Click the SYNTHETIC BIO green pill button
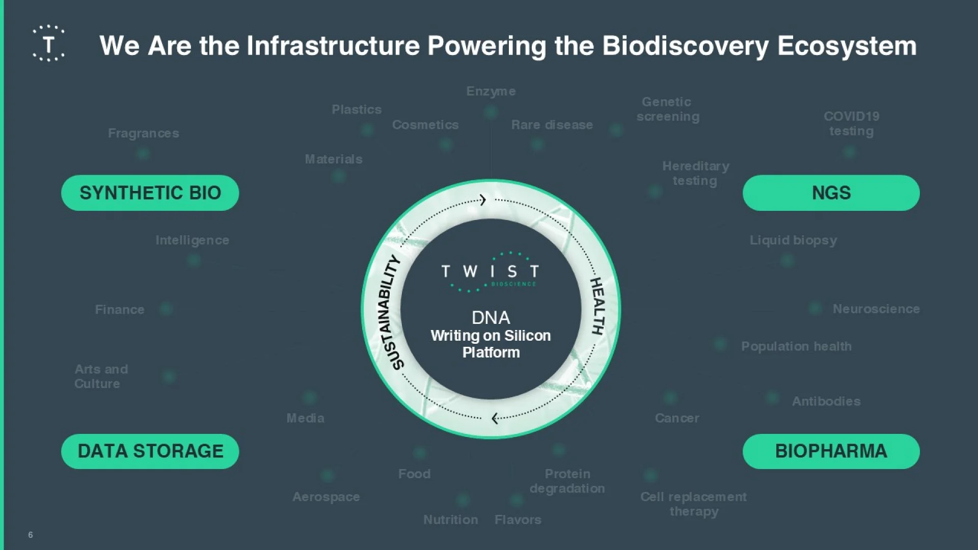click(150, 193)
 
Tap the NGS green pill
click(831, 193)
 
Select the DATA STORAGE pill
click(150, 451)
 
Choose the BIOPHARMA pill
click(831, 451)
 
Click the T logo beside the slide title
click(49, 44)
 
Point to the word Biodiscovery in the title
click(685, 46)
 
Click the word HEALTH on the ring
click(597, 306)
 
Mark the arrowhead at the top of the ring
click(483, 200)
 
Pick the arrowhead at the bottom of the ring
click(495, 418)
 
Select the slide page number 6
click(31, 535)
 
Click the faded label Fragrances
click(144, 133)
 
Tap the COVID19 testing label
click(852, 124)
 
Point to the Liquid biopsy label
click(793, 240)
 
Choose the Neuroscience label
click(876, 309)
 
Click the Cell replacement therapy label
click(694, 504)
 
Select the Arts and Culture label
click(101, 376)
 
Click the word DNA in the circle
click(491, 318)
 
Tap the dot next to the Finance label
click(166, 308)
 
